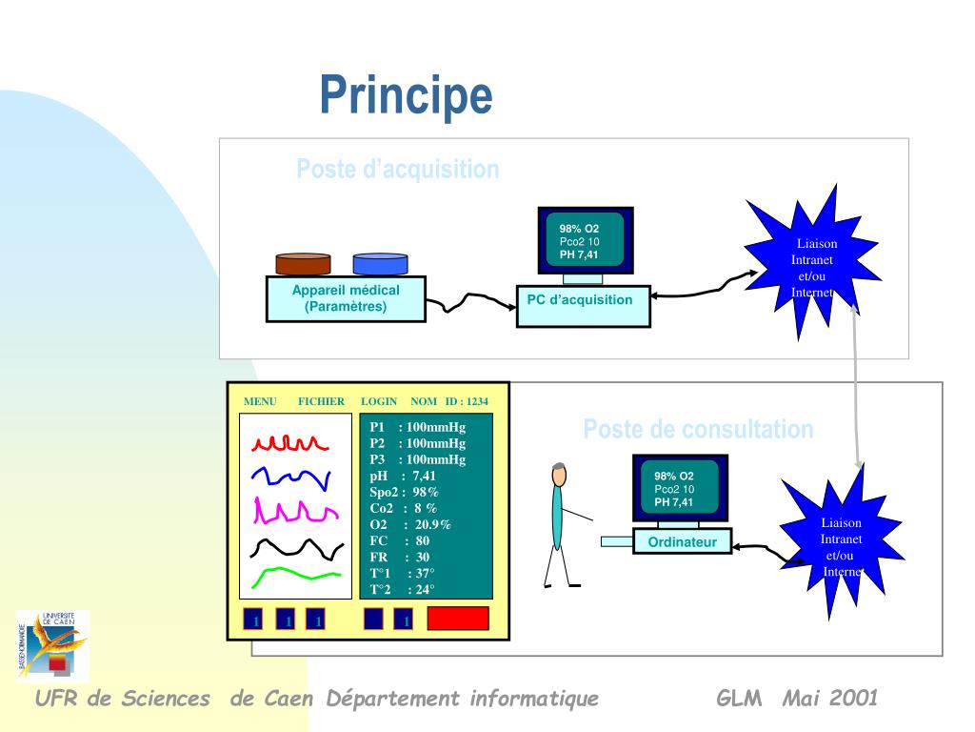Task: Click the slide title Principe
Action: pyautogui.click(x=406, y=95)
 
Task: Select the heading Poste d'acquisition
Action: pyautogui.click(x=397, y=170)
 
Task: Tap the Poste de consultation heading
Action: pyautogui.click(x=698, y=429)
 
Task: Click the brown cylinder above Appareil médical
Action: pyautogui.click(x=303, y=263)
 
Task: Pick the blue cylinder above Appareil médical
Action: pyautogui.click(x=380, y=263)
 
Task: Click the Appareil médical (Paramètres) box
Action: pyautogui.click(x=346, y=299)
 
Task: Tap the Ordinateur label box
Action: pyautogui.click(x=683, y=542)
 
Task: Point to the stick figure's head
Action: pyautogui.click(x=559, y=474)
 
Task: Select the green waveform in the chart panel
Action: pyautogui.click(x=296, y=575)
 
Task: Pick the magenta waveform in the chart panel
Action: pyautogui.click(x=294, y=513)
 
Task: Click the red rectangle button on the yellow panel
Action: pyautogui.click(x=457, y=619)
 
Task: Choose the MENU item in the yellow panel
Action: pyautogui.click(x=260, y=401)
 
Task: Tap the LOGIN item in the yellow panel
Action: pyautogui.click(x=379, y=401)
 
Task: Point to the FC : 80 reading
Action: pyautogui.click(x=400, y=540)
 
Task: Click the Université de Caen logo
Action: pyautogui.click(x=53, y=645)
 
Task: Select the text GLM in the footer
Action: pyautogui.click(x=739, y=699)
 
